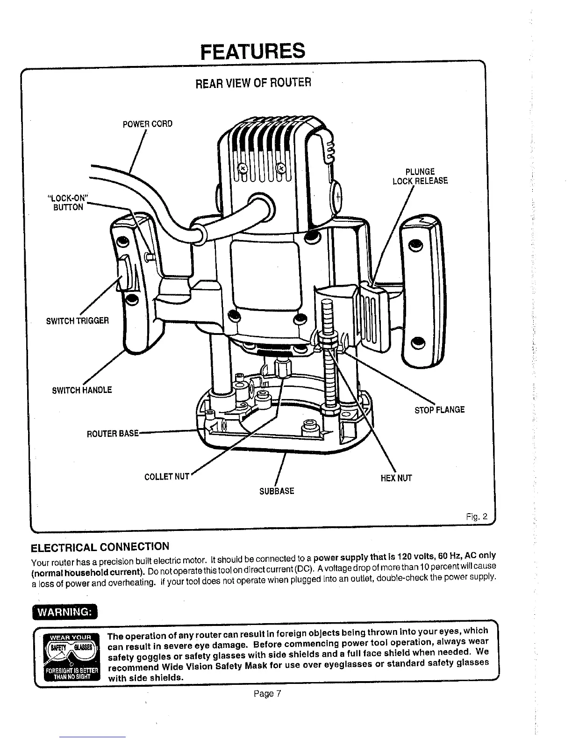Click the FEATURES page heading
[252, 51]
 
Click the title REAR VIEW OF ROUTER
[252, 83]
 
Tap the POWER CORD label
[147, 124]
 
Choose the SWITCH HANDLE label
[82, 390]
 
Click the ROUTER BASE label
[113, 434]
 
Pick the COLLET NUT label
[167, 477]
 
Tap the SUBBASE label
[277, 491]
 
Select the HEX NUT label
[396, 478]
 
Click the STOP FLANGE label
[440, 410]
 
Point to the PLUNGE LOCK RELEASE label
[420, 176]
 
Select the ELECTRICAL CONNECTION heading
[100, 547]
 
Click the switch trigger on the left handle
[125, 274]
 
